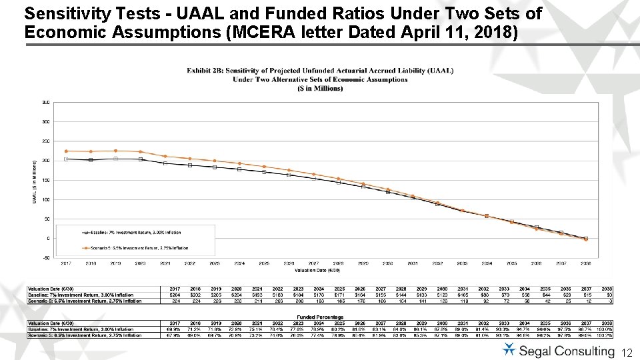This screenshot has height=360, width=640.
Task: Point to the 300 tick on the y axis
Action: (x=45, y=122)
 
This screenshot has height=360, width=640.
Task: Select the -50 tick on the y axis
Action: (x=45, y=257)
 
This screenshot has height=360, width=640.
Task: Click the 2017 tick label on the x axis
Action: (x=66, y=263)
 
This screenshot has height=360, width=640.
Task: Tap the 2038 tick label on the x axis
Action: (x=586, y=263)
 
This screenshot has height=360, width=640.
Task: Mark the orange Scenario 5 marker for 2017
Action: (x=66, y=151)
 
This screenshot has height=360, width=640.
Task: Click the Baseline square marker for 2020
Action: (x=140, y=159)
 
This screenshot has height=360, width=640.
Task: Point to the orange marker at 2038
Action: (x=586, y=239)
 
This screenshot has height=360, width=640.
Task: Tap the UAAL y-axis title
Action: (x=35, y=181)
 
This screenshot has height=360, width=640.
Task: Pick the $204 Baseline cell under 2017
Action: (x=175, y=295)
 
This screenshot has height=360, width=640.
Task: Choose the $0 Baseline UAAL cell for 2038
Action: (x=608, y=295)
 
